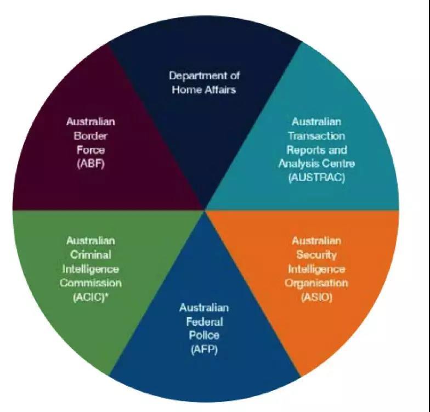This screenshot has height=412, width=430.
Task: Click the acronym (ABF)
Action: click(x=91, y=164)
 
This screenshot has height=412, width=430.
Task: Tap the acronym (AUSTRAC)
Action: click(x=317, y=178)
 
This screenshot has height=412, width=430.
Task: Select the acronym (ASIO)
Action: click(x=317, y=297)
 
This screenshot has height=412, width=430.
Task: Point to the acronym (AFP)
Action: click(x=204, y=349)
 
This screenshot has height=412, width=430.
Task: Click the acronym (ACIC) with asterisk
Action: click(x=90, y=297)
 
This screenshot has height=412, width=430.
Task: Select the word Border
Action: click(x=90, y=136)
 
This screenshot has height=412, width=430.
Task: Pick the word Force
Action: click(x=91, y=150)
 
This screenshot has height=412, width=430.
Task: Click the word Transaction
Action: click(x=317, y=136)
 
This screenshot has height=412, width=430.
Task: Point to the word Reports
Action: click(x=304, y=150)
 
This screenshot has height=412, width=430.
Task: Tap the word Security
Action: click(x=317, y=255)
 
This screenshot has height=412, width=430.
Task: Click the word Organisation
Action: click(x=316, y=283)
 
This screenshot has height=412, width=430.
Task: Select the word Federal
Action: click(x=204, y=321)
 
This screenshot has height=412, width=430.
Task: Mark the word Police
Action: click(x=204, y=336)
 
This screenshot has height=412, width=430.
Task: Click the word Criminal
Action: click(x=90, y=255)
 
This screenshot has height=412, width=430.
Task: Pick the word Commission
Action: click(x=90, y=283)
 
